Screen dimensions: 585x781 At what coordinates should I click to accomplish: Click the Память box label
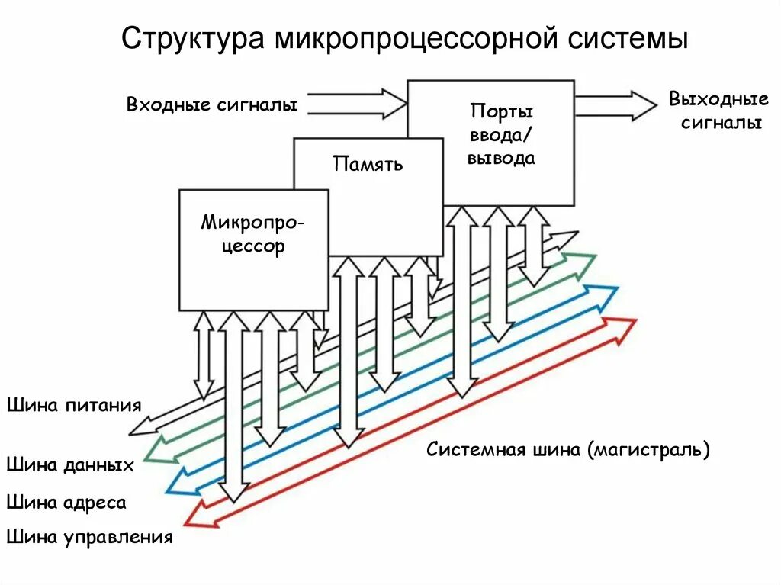pos(367,163)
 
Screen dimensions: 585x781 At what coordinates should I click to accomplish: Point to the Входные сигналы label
pos(211,104)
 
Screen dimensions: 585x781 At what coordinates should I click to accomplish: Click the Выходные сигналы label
pos(718,111)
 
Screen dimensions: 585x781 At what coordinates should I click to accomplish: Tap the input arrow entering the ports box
pos(358,104)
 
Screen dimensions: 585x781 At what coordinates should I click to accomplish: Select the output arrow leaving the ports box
pos(615,105)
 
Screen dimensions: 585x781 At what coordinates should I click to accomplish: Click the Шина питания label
pos(74,404)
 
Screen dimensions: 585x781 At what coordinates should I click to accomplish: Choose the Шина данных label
pos(70,464)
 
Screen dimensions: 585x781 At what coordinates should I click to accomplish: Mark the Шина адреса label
pos(66,502)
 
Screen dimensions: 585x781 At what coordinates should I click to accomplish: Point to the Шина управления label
pos(89,537)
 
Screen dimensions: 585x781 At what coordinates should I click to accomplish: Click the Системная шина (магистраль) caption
pos(567,449)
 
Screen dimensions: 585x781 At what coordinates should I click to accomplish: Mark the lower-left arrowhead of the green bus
pos(159,450)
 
